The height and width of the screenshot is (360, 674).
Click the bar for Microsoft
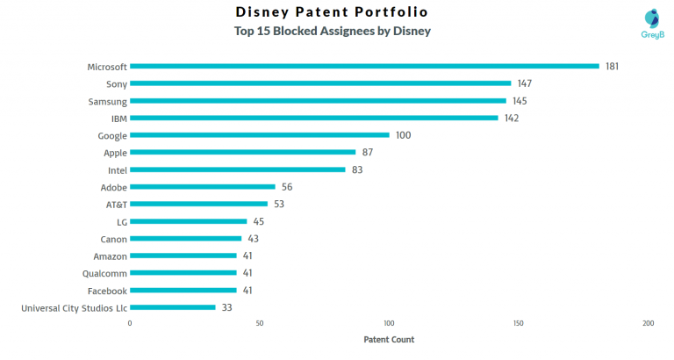tap(364, 66)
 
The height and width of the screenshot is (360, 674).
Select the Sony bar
tap(320, 83)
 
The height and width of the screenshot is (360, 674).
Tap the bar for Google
tap(260, 135)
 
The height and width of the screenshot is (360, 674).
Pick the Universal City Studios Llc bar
tap(173, 307)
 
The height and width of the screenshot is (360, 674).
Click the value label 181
tap(613, 66)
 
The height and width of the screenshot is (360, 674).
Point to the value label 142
tap(512, 118)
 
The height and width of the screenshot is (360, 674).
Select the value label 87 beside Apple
tap(369, 152)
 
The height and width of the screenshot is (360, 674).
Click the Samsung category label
tap(107, 101)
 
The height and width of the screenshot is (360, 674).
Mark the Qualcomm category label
tap(105, 273)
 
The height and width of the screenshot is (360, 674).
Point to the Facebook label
tap(107, 291)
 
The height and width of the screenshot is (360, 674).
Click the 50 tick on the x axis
tap(260, 324)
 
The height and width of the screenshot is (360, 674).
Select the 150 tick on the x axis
tap(519, 324)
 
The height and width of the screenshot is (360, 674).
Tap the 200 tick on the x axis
tap(648, 324)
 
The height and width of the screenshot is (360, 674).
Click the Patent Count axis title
tap(389, 340)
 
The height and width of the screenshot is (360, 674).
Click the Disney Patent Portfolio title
tap(332, 12)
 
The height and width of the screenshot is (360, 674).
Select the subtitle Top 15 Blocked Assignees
tap(332, 31)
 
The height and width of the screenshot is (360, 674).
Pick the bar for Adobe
tap(203, 187)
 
